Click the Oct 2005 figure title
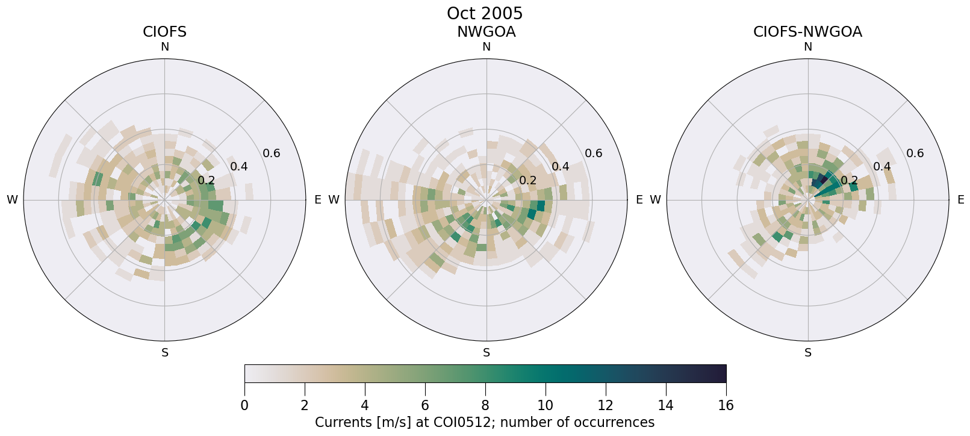coord(485,13)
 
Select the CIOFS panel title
coord(164,32)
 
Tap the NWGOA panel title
coord(486,32)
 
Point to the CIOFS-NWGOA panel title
coord(807,32)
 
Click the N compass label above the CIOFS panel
coord(164,47)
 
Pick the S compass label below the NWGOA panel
coord(487,353)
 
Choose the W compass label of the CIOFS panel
coord(12,200)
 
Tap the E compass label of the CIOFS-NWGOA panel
coord(960,200)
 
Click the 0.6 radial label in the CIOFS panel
coord(272,153)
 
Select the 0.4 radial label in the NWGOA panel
coord(561,167)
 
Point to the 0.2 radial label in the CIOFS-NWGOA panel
coord(849,181)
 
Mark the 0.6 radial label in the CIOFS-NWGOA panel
coord(915,153)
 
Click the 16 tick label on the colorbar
coord(726,406)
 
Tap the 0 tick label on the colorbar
coord(244,406)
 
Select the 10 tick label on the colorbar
coord(545,406)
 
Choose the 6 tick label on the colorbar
coord(425,406)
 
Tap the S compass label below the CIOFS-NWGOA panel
coord(808,353)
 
